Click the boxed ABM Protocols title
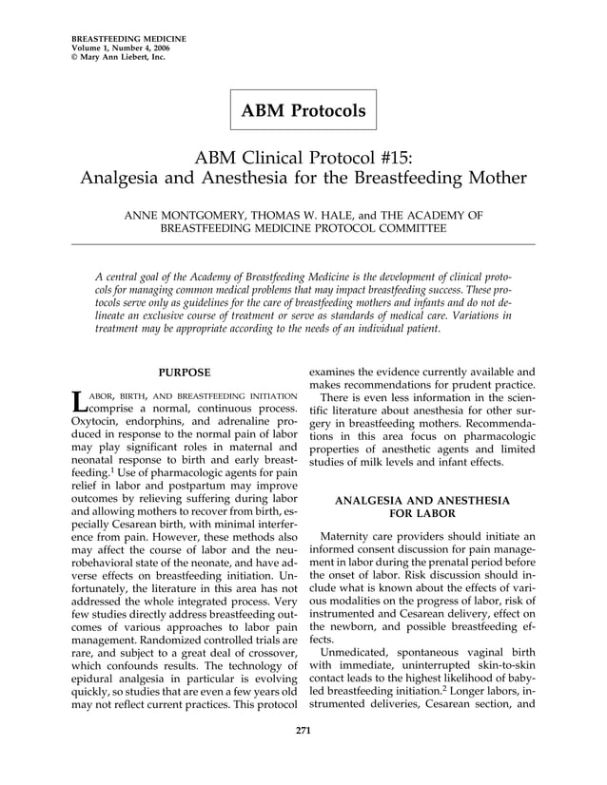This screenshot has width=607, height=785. [303, 111]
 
